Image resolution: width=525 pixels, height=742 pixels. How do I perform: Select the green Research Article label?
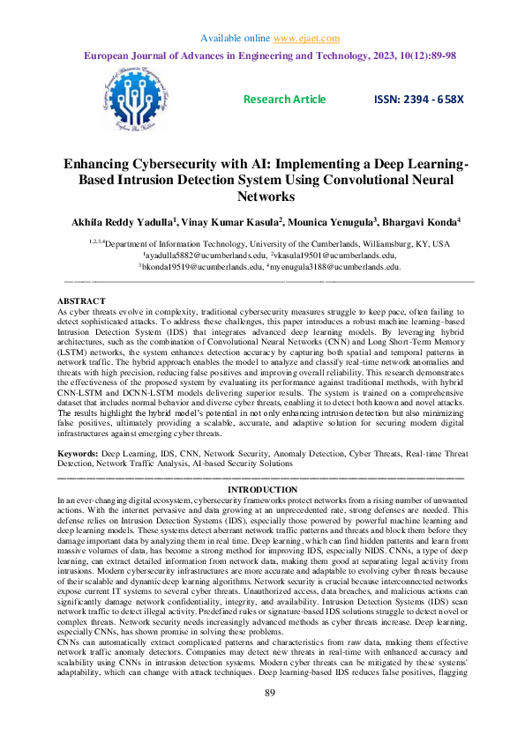coord(284,100)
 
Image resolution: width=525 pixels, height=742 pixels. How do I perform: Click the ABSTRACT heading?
coord(80,301)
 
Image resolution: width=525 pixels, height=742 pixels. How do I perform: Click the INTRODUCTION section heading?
coord(262,489)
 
